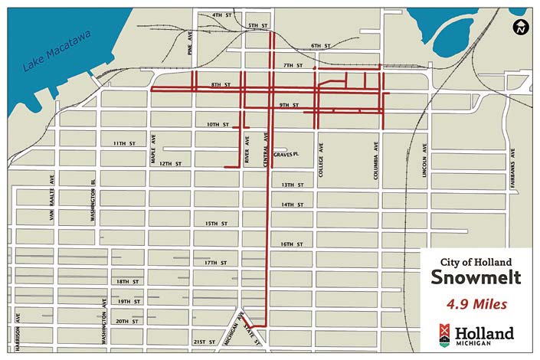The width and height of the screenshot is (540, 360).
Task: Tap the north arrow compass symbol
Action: click(x=520, y=28)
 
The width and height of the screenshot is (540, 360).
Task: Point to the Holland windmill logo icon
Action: click(x=445, y=335)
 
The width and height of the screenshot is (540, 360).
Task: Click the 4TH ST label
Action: click(x=221, y=15)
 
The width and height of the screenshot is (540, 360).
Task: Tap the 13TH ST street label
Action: click(x=293, y=185)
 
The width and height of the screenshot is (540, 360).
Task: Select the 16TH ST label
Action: click(x=293, y=244)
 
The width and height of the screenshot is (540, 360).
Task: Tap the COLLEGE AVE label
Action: click(x=322, y=162)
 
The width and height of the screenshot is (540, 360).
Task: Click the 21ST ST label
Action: click(x=205, y=342)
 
